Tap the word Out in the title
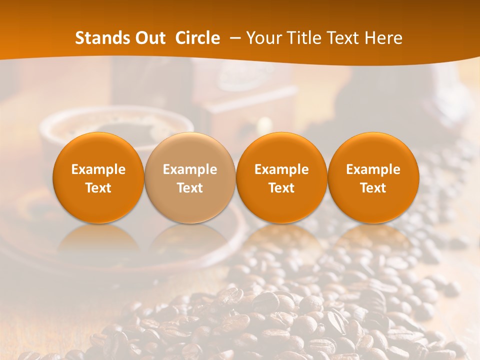(147, 38)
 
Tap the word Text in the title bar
(343, 38)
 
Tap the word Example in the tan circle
(190, 169)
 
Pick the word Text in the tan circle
(190, 188)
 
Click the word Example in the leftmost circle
(98, 169)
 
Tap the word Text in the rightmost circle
(373, 188)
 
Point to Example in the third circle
(281, 169)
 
